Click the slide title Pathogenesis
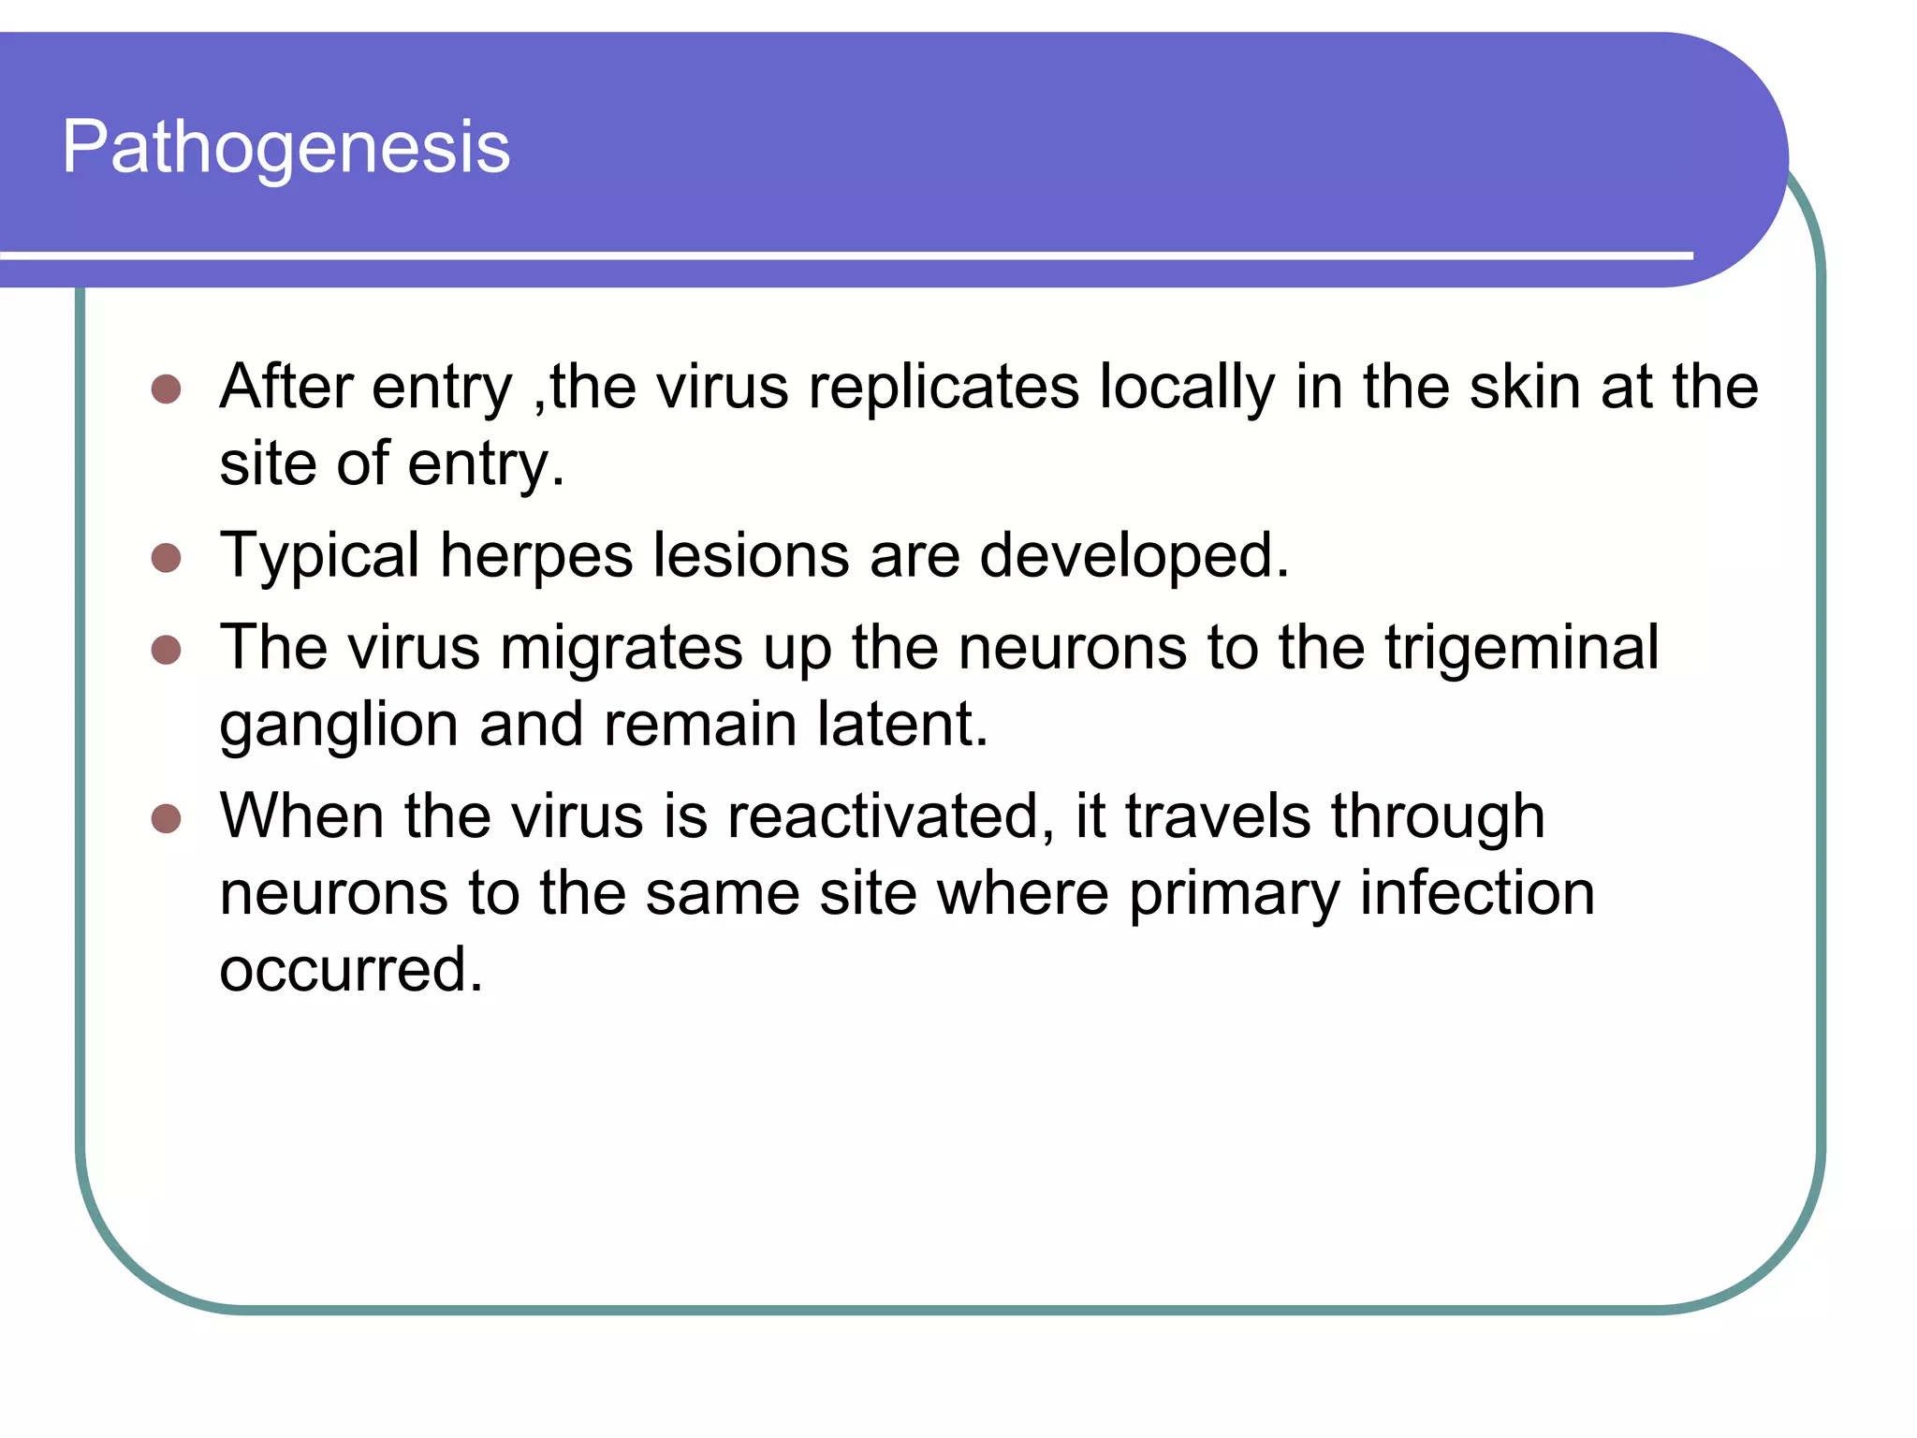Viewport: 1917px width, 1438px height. tap(285, 148)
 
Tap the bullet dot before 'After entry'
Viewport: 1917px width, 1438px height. tap(166, 389)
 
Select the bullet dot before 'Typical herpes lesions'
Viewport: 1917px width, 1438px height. tap(166, 558)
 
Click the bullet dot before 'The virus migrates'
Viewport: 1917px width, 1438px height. tap(166, 649)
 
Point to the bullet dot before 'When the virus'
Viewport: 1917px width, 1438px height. tap(166, 818)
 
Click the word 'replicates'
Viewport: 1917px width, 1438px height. tap(944, 387)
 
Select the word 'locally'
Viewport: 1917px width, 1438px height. tap(1186, 389)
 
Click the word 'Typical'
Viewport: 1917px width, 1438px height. tap(319, 557)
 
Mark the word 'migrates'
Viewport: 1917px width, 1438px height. tap(621, 649)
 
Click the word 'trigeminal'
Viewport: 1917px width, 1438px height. tap(1521, 649)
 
